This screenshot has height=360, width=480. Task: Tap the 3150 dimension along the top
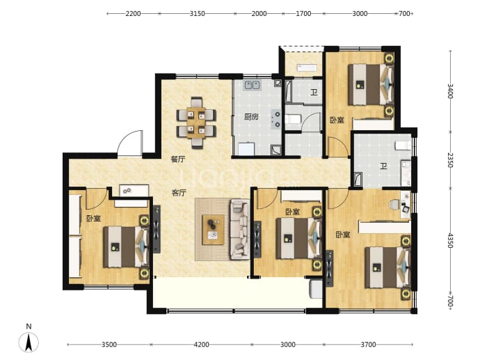pyautogui.click(x=197, y=13)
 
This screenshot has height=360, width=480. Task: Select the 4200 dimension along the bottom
pyautogui.click(x=202, y=345)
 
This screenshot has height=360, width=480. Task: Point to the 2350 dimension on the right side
pyautogui.click(x=449, y=160)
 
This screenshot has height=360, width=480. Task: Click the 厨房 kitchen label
pyautogui.click(x=252, y=117)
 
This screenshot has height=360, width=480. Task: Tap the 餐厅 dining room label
pyautogui.click(x=178, y=159)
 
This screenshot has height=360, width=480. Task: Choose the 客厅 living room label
pyautogui.click(x=179, y=193)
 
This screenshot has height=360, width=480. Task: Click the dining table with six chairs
pyautogui.click(x=196, y=123)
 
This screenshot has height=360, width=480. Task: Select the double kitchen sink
pyautogui.click(x=253, y=85)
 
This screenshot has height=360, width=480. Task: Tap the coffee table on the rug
pyautogui.click(x=213, y=230)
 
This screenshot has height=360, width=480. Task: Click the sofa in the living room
pyautogui.click(x=240, y=229)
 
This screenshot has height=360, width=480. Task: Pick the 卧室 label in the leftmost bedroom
pyautogui.click(x=93, y=219)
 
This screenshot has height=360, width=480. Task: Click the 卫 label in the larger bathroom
pyautogui.click(x=383, y=166)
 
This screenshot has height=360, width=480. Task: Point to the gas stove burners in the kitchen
pyautogui.click(x=277, y=119)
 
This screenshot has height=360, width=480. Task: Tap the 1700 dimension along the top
pyautogui.click(x=303, y=13)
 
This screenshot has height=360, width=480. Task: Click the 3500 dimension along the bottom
pyautogui.click(x=109, y=345)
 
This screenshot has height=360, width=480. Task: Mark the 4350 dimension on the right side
pyautogui.click(x=449, y=240)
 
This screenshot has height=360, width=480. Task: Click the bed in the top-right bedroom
pyautogui.click(x=371, y=84)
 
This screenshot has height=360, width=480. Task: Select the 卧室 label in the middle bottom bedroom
pyautogui.click(x=293, y=212)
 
